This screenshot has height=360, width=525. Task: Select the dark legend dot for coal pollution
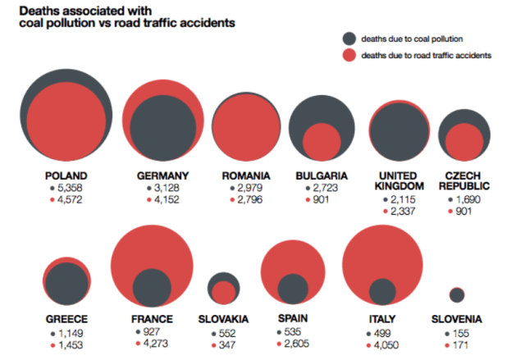click(349, 39)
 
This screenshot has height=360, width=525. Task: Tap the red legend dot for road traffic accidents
click(349, 56)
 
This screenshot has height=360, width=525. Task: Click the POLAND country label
click(67, 175)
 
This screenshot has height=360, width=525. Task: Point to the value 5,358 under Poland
click(72, 188)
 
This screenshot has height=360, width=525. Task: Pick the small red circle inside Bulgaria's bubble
click(321, 142)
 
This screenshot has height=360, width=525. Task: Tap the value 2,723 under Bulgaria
click(326, 188)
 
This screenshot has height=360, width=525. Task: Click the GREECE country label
click(67, 319)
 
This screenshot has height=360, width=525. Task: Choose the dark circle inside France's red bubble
click(152, 287)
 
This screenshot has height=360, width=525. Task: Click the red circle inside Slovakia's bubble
click(224, 292)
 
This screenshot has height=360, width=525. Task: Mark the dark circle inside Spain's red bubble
click(292, 289)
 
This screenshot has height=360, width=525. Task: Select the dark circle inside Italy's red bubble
click(382, 291)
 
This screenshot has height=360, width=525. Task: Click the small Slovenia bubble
click(457, 295)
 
